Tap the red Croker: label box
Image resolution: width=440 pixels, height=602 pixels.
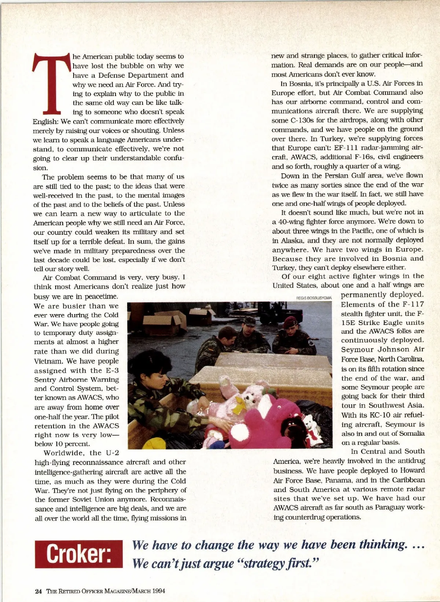[x=79, y=554]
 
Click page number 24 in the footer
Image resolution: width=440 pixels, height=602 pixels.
[x=38, y=591]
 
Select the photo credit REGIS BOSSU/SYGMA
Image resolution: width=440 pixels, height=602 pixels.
[x=314, y=298]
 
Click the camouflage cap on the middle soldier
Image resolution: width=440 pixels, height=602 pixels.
[x=249, y=321]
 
